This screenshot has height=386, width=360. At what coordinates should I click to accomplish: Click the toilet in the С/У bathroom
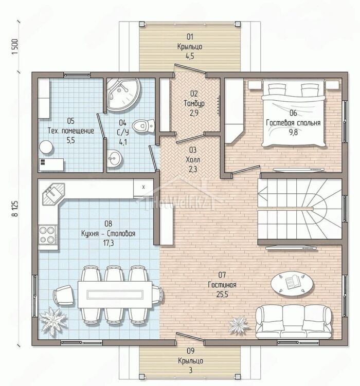143,126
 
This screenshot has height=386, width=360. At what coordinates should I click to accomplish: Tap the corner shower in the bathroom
123,95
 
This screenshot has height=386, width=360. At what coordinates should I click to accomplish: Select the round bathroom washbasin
114,158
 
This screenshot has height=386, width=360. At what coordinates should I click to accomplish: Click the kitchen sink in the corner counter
53,193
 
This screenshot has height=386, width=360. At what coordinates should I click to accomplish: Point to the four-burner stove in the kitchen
47,234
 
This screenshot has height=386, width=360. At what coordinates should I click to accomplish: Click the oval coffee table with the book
292,284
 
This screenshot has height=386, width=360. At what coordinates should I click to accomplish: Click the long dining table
115,294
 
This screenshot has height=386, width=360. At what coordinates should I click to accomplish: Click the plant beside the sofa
240,324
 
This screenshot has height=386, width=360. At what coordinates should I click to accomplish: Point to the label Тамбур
194,103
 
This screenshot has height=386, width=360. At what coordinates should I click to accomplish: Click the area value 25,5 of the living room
222,294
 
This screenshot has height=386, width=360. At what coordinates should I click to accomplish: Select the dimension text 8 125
15,208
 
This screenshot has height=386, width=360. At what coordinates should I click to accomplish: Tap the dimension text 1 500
15,47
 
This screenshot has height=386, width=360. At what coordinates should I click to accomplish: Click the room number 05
70,121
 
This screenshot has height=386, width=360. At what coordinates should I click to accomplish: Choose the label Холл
193,160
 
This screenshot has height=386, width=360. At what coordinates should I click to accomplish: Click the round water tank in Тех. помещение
46,148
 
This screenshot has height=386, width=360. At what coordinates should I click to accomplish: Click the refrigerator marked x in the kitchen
143,187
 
